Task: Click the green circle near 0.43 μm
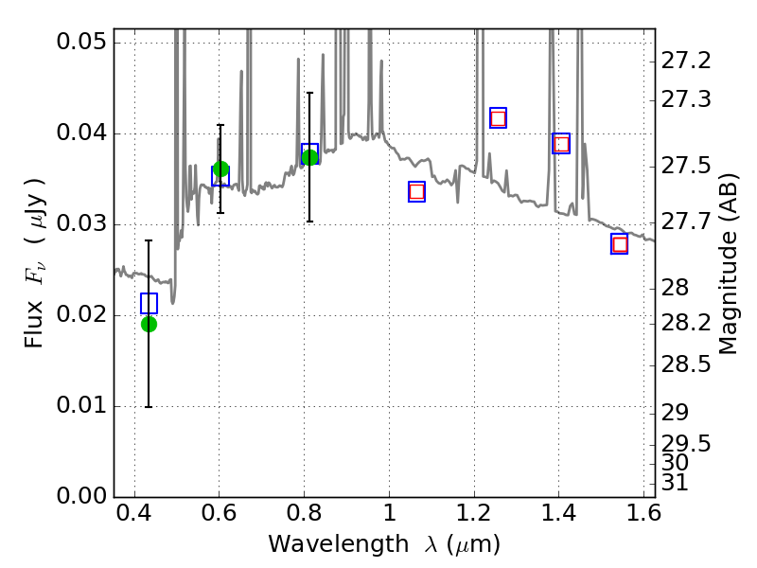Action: point(149,324)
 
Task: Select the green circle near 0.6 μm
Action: point(220,169)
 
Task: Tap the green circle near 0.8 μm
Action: point(309,157)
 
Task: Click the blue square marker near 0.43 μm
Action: point(149,304)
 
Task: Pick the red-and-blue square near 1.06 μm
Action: point(416,191)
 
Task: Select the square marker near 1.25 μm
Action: point(498,118)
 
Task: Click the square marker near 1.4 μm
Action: point(561,144)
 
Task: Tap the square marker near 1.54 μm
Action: point(620,244)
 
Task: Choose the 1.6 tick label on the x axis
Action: point(643,517)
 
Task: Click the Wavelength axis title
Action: point(383,545)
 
